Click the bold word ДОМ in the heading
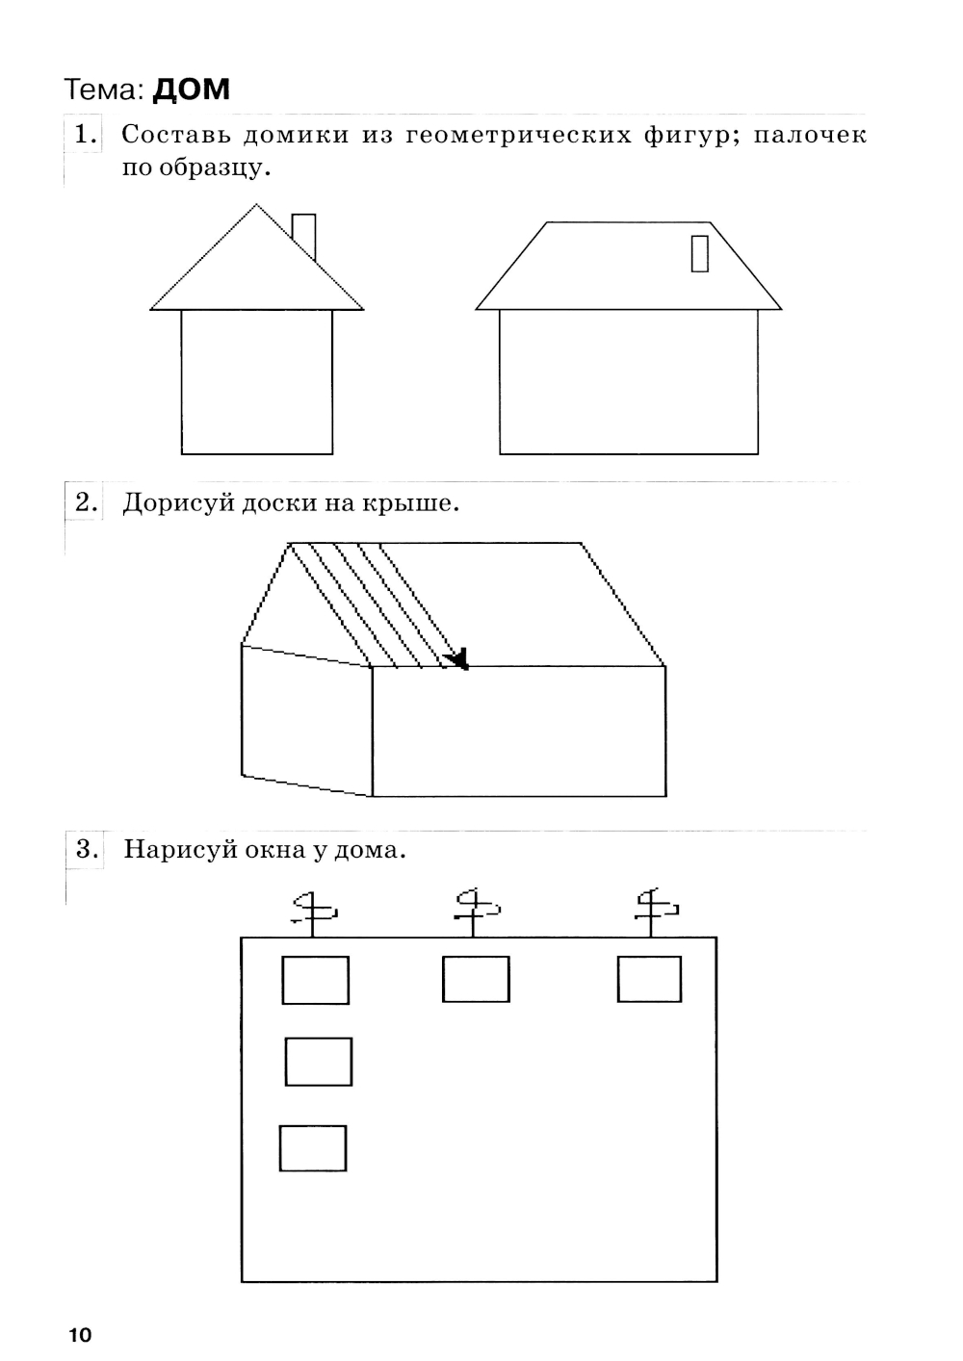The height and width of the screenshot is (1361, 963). click(x=191, y=90)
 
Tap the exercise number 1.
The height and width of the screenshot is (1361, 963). click(x=85, y=135)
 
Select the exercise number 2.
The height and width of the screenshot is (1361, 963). click(x=86, y=502)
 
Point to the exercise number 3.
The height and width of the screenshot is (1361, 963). click(x=87, y=849)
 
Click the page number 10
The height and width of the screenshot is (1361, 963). click(x=80, y=1335)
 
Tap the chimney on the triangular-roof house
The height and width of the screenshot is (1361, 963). click(x=303, y=237)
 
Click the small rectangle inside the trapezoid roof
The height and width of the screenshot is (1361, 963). click(x=700, y=253)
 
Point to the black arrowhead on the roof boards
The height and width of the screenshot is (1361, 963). click(x=457, y=658)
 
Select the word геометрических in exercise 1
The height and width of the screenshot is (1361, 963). click(x=519, y=135)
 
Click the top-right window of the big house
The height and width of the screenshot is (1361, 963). click(x=649, y=979)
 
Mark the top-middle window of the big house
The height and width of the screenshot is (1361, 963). click(x=476, y=979)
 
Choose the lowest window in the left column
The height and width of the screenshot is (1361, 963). click(x=313, y=1148)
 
